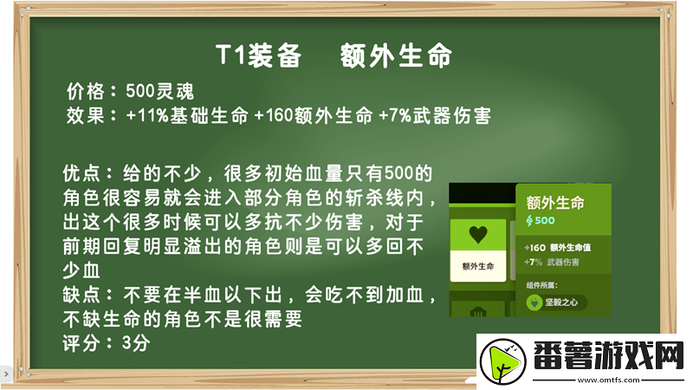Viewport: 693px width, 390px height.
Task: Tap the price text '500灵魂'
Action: (x=159, y=91)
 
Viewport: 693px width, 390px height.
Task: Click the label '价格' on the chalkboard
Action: (x=85, y=91)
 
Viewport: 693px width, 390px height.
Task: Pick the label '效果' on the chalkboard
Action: (x=85, y=115)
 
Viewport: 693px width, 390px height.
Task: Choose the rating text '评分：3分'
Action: (x=107, y=343)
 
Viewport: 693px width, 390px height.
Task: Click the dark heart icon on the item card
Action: (x=476, y=234)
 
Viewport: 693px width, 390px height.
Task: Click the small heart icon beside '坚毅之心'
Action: (x=534, y=302)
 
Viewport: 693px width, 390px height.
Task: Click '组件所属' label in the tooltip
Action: (x=542, y=283)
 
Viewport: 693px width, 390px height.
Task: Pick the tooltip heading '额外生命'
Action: (x=556, y=203)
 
